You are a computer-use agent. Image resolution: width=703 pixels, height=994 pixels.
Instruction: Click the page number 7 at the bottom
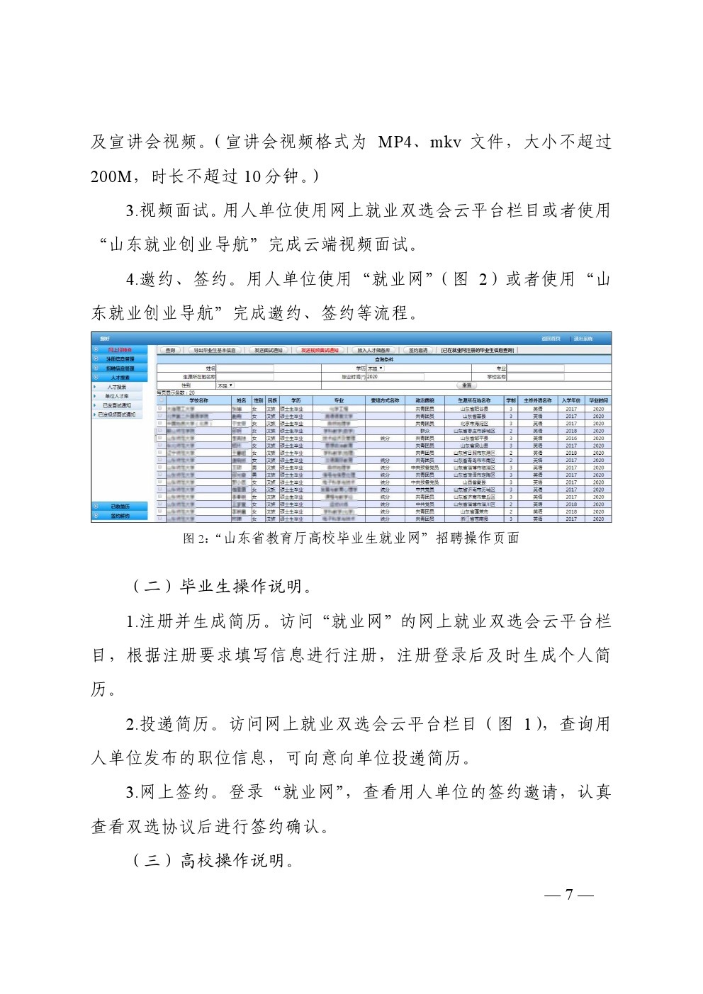click(x=569, y=894)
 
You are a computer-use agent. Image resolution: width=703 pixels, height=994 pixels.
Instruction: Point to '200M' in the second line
click(x=111, y=176)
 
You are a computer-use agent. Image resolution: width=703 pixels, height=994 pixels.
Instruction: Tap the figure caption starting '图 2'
click(x=351, y=538)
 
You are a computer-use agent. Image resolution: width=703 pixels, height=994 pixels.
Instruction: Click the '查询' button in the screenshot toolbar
click(x=170, y=350)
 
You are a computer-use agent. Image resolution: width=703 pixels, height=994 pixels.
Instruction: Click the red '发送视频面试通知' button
click(x=320, y=350)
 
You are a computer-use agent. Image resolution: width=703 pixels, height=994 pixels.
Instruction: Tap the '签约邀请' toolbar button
click(x=418, y=350)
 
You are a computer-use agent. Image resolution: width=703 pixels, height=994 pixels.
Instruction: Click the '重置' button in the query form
click(x=466, y=385)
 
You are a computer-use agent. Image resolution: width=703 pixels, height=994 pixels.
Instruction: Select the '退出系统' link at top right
click(x=583, y=339)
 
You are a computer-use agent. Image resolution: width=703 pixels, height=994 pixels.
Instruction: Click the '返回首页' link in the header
click(x=551, y=339)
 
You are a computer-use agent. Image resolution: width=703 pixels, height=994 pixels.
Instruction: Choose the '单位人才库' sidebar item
click(x=117, y=396)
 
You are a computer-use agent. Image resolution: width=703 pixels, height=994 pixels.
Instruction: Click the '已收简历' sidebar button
click(x=120, y=507)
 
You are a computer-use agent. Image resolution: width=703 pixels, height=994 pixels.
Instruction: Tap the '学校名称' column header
click(x=198, y=400)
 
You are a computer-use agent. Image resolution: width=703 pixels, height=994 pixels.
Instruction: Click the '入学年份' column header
click(x=571, y=400)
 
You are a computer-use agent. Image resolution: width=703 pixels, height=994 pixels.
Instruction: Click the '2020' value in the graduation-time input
click(x=373, y=377)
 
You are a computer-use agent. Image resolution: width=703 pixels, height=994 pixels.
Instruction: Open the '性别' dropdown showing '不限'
click(x=225, y=385)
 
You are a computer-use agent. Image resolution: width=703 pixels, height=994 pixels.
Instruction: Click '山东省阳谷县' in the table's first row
click(x=474, y=409)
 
